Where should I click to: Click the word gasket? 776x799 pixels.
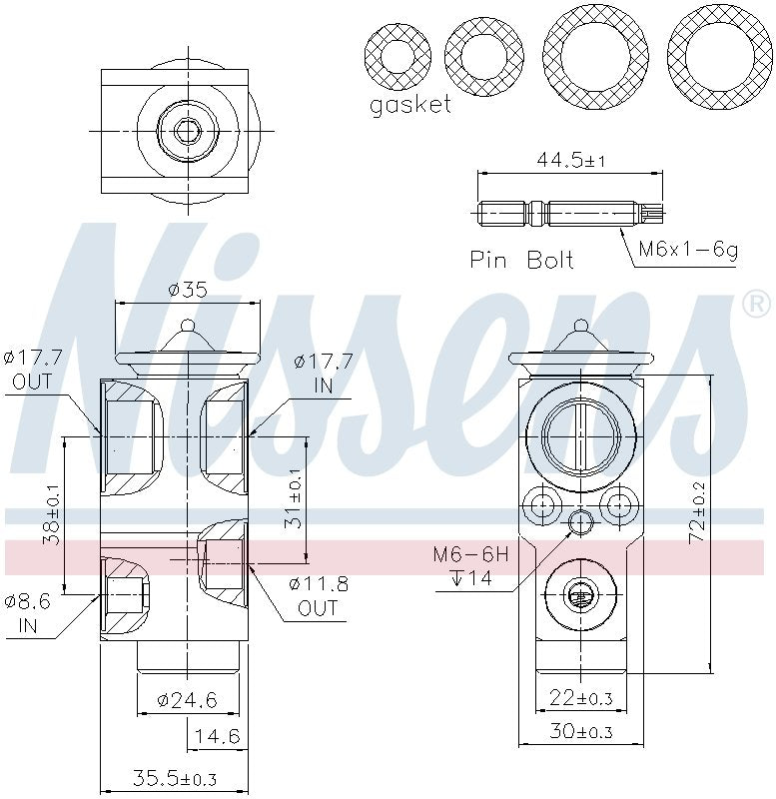click(410, 105)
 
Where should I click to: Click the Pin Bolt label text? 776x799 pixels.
click(522, 260)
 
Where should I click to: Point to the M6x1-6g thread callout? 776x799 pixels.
click(688, 250)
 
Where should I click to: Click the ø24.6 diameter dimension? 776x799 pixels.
click(187, 700)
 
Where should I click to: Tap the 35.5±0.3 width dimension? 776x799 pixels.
click(174, 778)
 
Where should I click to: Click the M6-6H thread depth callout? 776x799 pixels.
click(472, 565)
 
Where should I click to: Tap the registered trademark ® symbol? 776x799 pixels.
click(755, 303)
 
